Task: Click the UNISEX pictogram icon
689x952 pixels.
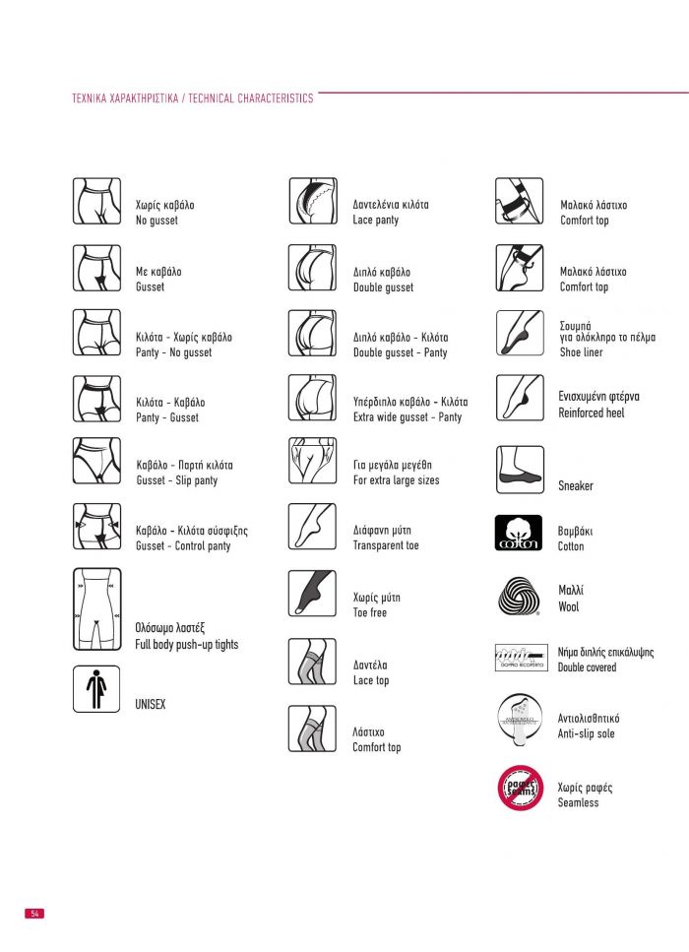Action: (x=96, y=688)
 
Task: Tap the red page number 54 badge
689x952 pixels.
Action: (x=34, y=914)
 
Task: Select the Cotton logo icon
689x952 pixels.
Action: (x=518, y=534)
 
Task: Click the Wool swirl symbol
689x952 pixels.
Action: (x=518, y=597)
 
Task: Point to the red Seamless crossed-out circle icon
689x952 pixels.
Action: (x=519, y=788)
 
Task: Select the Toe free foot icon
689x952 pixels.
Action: (x=312, y=593)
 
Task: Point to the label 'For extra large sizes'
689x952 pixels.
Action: (x=396, y=480)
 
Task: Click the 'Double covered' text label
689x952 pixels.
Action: (x=587, y=667)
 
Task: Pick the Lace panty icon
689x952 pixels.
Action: (x=312, y=201)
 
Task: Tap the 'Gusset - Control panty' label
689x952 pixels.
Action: (x=183, y=545)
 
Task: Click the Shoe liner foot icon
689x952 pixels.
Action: (x=519, y=333)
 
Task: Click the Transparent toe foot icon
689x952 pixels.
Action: (x=312, y=526)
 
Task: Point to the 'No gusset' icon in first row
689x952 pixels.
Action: (x=96, y=201)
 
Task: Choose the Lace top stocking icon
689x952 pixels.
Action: (x=312, y=662)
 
